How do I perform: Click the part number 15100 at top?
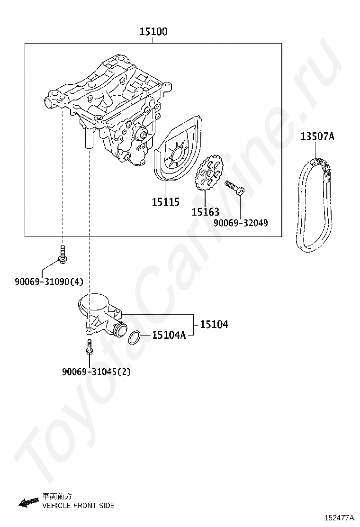(153, 32)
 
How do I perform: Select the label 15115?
(166, 202)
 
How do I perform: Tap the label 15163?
(206, 212)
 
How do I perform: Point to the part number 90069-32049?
(240, 222)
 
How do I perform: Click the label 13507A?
(317, 137)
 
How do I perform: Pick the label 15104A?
(169, 336)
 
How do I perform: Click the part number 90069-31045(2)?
(96, 372)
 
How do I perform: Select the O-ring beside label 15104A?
(135, 337)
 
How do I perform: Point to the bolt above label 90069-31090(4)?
(63, 254)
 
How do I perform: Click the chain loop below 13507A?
(313, 204)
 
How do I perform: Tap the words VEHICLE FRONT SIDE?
(79, 506)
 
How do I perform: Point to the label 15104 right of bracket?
(214, 325)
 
